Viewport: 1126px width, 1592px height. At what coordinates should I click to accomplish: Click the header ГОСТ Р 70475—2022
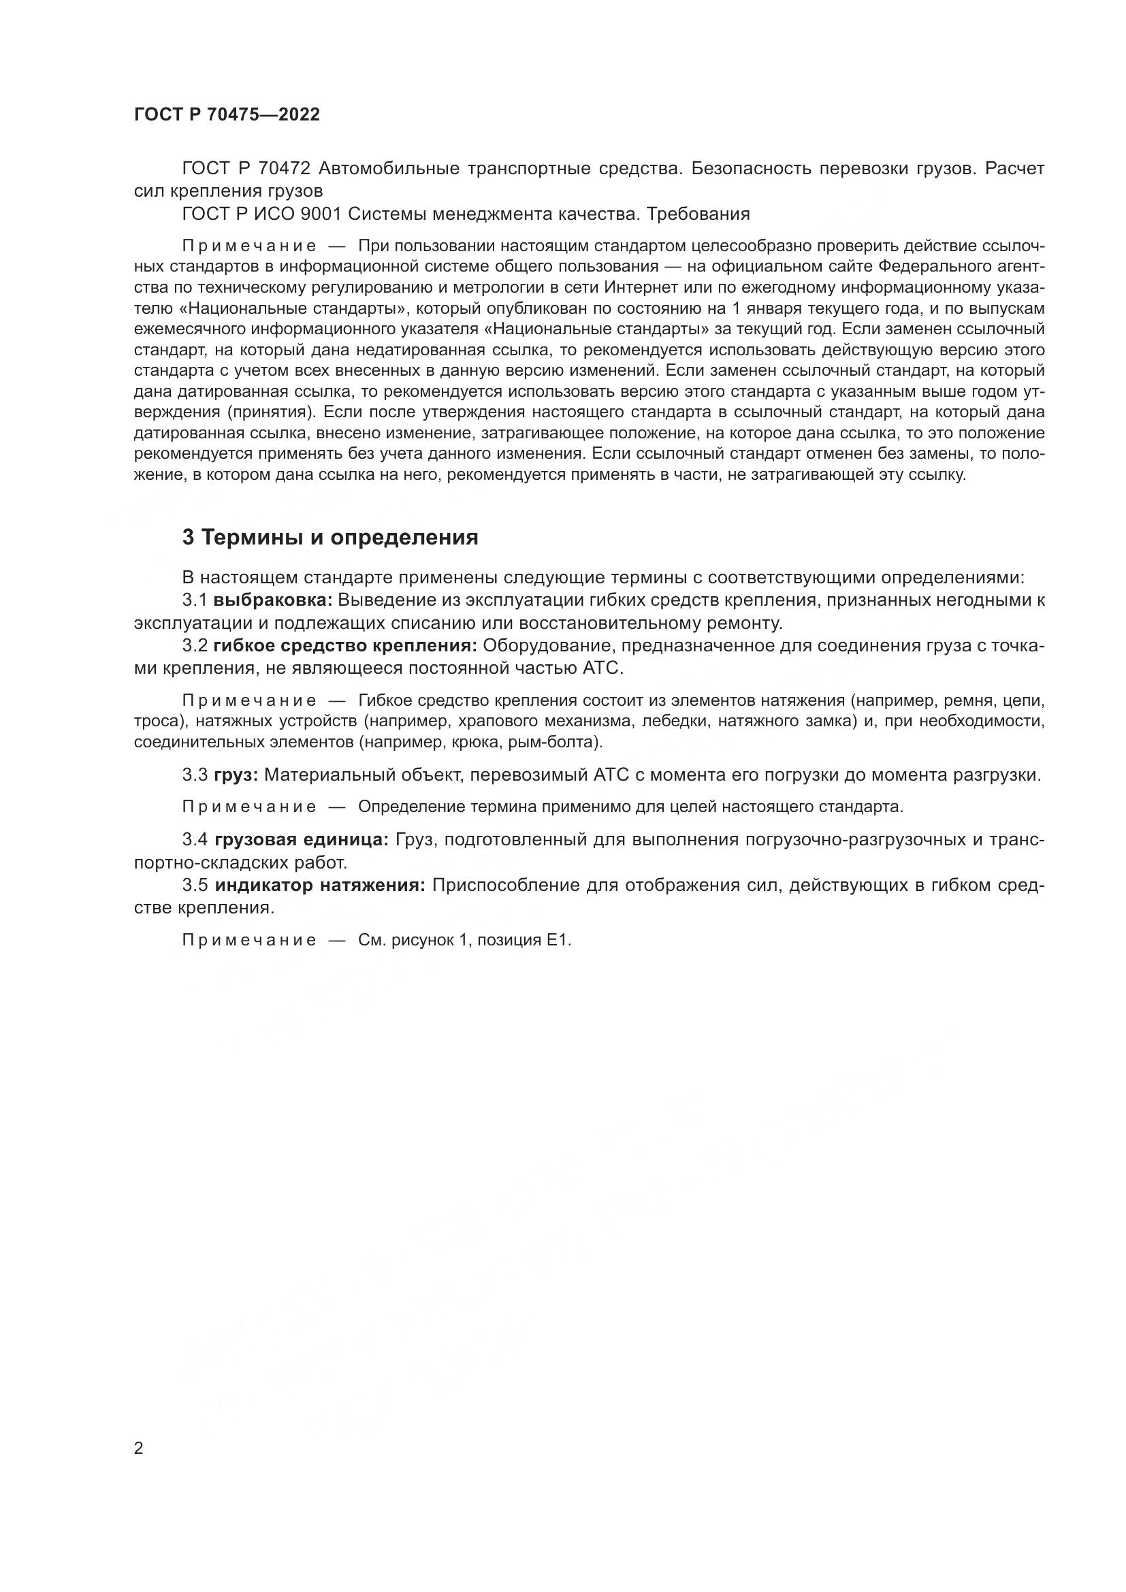(x=227, y=115)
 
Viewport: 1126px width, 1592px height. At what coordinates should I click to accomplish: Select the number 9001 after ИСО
(x=321, y=214)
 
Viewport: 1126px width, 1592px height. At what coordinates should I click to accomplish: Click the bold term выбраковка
(x=273, y=600)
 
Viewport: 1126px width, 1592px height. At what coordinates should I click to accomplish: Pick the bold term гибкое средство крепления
(x=345, y=645)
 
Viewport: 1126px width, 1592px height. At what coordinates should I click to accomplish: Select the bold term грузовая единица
(x=302, y=840)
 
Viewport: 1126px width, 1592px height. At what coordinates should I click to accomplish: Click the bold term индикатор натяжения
(x=320, y=886)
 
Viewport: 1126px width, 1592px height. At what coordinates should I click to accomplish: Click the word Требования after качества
(x=698, y=214)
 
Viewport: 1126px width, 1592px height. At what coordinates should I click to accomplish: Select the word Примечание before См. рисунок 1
(x=250, y=940)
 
